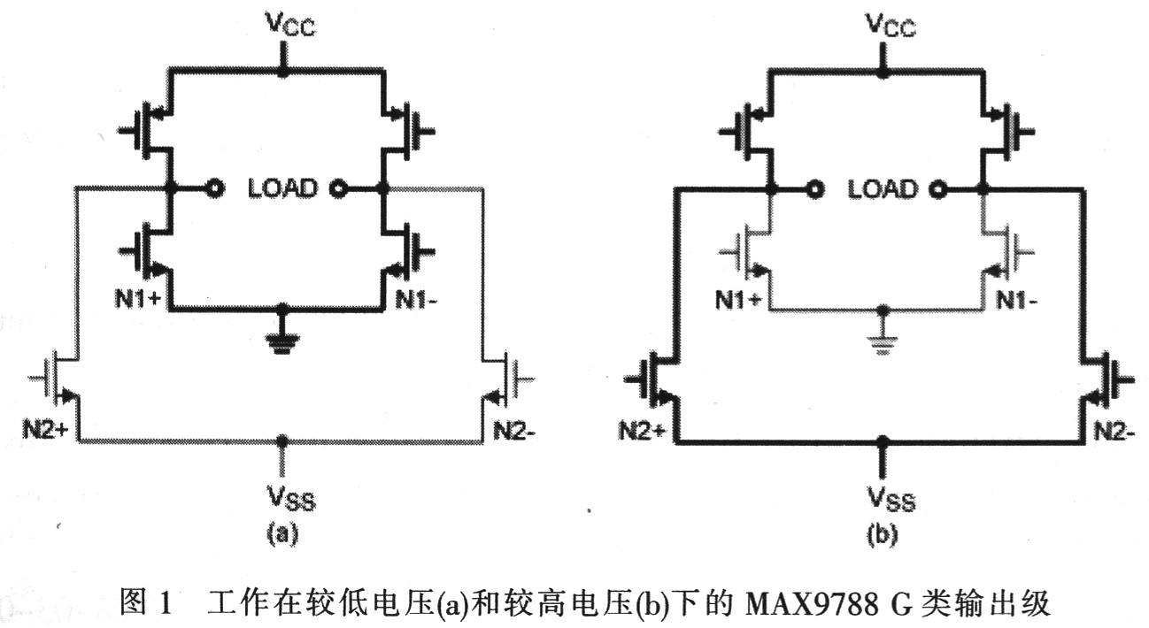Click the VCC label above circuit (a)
click(283, 27)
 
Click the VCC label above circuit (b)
click(881, 27)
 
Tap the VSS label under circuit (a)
click(283, 502)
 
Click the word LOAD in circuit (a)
click(281, 188)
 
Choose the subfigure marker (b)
click(882, 533)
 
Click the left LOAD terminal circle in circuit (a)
click(212, 188)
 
